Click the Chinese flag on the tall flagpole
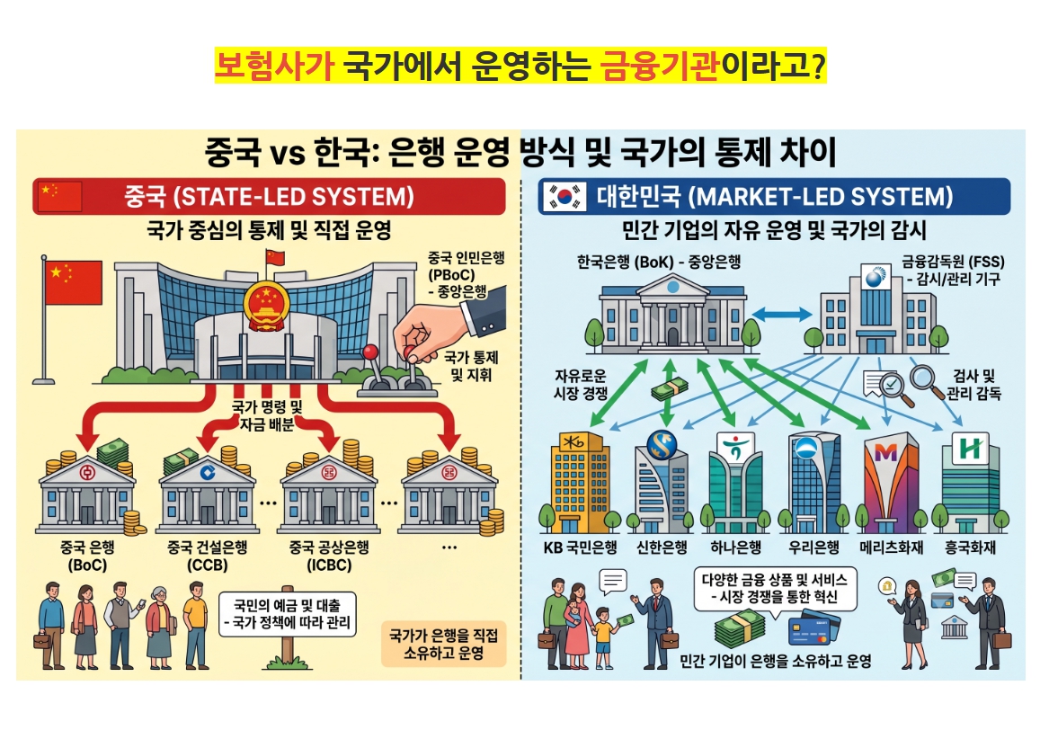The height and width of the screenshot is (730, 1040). click(73, 282)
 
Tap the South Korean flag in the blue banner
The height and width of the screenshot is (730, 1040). click(564, 197)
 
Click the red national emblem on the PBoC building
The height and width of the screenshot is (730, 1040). click(266, 306)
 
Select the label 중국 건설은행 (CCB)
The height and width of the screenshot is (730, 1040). click(207, 556)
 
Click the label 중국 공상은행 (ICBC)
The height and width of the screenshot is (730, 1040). click(329, 556)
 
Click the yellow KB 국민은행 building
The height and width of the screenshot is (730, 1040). click(580, 480)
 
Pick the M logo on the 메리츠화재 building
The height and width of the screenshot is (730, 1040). click(886, 452)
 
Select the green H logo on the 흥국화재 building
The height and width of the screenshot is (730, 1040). click(970, 450)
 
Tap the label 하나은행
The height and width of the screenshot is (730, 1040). click(735, 547)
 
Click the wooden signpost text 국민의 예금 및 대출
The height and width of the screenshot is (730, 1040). click(288, 605)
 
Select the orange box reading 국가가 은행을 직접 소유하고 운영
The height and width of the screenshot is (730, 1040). click(444, 644)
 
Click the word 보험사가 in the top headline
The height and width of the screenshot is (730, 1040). click(274, 65)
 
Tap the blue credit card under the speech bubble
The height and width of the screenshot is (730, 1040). click(813, 630)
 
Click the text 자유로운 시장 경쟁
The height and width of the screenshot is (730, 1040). click(581, 385)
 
